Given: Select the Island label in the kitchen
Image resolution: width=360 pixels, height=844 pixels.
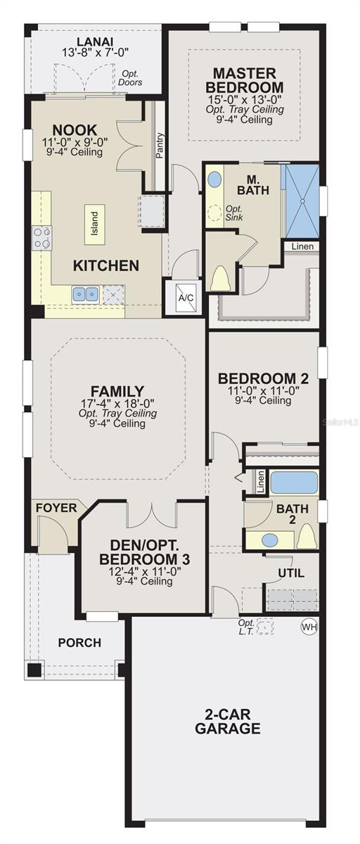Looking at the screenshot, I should pos(94,224).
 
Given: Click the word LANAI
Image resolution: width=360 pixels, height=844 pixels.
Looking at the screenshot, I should pos(96,41).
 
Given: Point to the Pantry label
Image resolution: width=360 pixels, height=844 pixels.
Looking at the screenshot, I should pos(160,146).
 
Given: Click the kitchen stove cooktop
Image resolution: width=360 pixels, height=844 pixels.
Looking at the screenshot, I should pos(42,238).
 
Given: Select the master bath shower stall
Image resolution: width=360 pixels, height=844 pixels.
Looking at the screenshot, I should pos(301,200).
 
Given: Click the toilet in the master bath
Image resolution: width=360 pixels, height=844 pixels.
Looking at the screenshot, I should pos(221,278).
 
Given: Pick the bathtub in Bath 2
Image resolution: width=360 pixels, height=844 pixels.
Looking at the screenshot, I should pos(294,482).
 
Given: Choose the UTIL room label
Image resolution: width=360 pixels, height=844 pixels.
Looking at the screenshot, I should pos(291,573).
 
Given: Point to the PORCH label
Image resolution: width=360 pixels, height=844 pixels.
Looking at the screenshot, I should pos(79,642).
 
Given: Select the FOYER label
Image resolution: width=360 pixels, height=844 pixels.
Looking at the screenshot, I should pos(56,508).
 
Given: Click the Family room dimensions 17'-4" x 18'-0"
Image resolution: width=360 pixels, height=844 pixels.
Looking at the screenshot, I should pos(117,403).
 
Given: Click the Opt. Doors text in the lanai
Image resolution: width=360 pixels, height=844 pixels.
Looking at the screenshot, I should pos(131,78).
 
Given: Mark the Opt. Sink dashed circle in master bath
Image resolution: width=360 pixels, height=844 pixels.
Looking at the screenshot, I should pos(214,211).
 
